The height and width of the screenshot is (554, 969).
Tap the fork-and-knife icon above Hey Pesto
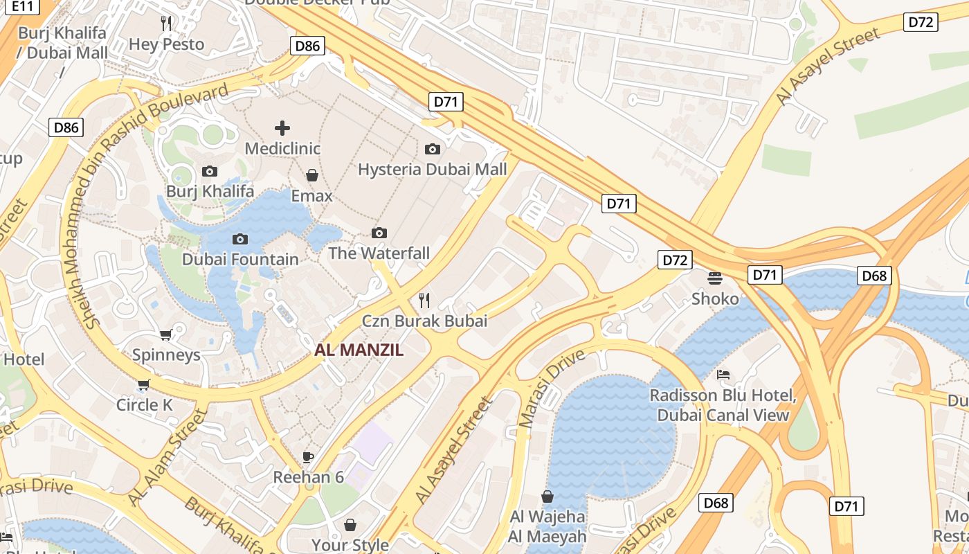point(166,24)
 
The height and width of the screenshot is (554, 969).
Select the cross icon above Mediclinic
point(282,127)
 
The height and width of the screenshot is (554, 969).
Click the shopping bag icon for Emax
point(312,175)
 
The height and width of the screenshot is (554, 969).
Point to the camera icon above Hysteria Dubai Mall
point(433,149)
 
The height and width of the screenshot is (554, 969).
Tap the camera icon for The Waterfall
point(379,233)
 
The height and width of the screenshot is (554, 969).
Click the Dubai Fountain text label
point(240,260)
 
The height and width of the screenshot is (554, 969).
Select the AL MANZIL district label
point(359,350)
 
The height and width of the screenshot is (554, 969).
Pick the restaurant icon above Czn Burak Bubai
point(424,301)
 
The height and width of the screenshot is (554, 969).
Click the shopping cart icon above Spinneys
point(166,335)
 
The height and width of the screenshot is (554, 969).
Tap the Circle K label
point(144,405)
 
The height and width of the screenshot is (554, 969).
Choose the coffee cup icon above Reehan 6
point(309,457)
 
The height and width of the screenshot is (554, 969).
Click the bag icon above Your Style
point(350,525)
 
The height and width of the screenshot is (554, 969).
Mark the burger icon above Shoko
point(715,278)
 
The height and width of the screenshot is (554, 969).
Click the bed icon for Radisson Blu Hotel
point(723,375)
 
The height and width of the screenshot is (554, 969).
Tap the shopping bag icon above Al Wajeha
point(547,497)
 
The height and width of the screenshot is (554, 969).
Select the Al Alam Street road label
point(168,457)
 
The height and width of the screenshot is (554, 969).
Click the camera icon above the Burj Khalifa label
point(210,171)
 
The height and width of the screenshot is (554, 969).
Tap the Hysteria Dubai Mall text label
point(433,169)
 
